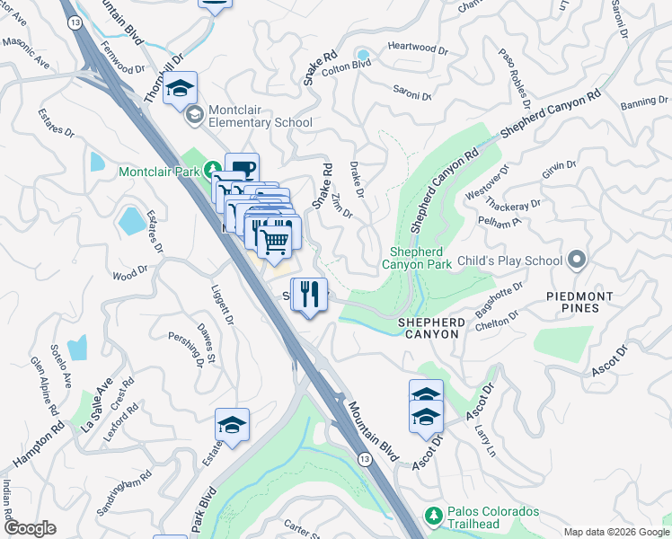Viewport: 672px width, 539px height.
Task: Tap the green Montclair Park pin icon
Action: coord(212,169)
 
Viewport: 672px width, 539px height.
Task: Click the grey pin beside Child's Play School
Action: coord(577,261)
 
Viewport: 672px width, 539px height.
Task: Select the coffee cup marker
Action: coord(242,169)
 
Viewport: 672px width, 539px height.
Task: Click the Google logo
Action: coord(30,528)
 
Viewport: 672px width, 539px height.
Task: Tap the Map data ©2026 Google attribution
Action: coord(615,531)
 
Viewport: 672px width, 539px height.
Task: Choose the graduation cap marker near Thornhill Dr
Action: coord(180,88)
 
